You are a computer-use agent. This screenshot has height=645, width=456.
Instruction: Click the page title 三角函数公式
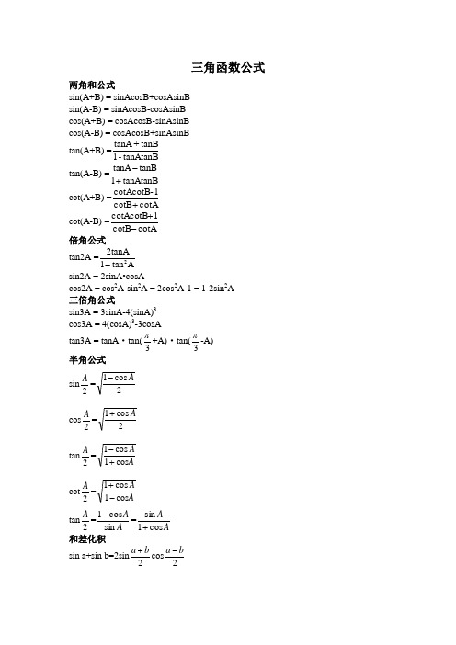[x=228, y=66]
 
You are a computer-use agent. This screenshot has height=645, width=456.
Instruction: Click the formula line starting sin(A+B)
[x=123, y=96]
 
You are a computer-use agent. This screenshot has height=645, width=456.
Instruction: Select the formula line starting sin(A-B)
[x=122, y=108]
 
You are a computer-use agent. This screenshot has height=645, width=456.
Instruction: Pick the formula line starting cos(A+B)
[x=123, y=120]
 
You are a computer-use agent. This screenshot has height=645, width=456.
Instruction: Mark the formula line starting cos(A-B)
[x=123, y=133]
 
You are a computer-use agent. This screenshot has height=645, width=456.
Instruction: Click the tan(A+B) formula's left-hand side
[x=78, y=152]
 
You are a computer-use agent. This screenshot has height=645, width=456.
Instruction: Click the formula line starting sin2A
[x=107, y=275]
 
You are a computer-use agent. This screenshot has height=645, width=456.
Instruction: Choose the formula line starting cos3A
[x=109, y=324]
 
